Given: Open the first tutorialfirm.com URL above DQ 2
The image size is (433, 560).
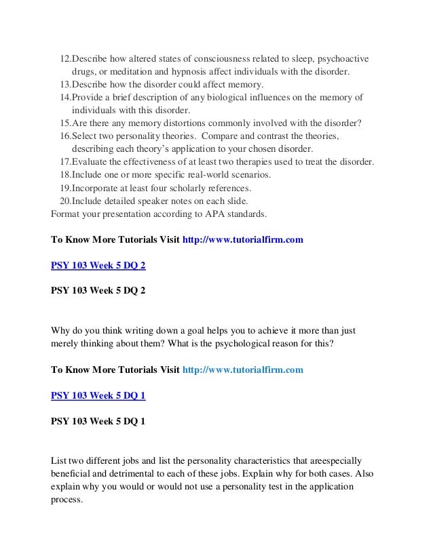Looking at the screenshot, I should [243, 239].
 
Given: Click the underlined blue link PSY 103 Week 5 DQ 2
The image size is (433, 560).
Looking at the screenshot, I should [98, 265].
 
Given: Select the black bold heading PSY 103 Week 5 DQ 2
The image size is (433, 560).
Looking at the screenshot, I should [98, 292].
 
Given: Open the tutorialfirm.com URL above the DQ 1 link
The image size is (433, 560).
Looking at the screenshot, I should [243, 369].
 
